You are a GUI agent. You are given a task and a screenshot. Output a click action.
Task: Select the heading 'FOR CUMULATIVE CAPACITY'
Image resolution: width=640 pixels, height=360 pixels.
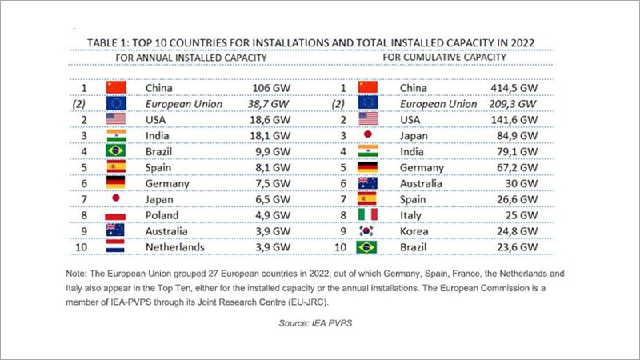(x=444, y=58)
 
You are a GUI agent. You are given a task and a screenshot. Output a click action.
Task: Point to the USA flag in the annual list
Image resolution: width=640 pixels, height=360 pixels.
(x=116, y=120)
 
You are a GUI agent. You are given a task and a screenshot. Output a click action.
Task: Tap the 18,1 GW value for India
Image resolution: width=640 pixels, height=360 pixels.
(x=270, y=136)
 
